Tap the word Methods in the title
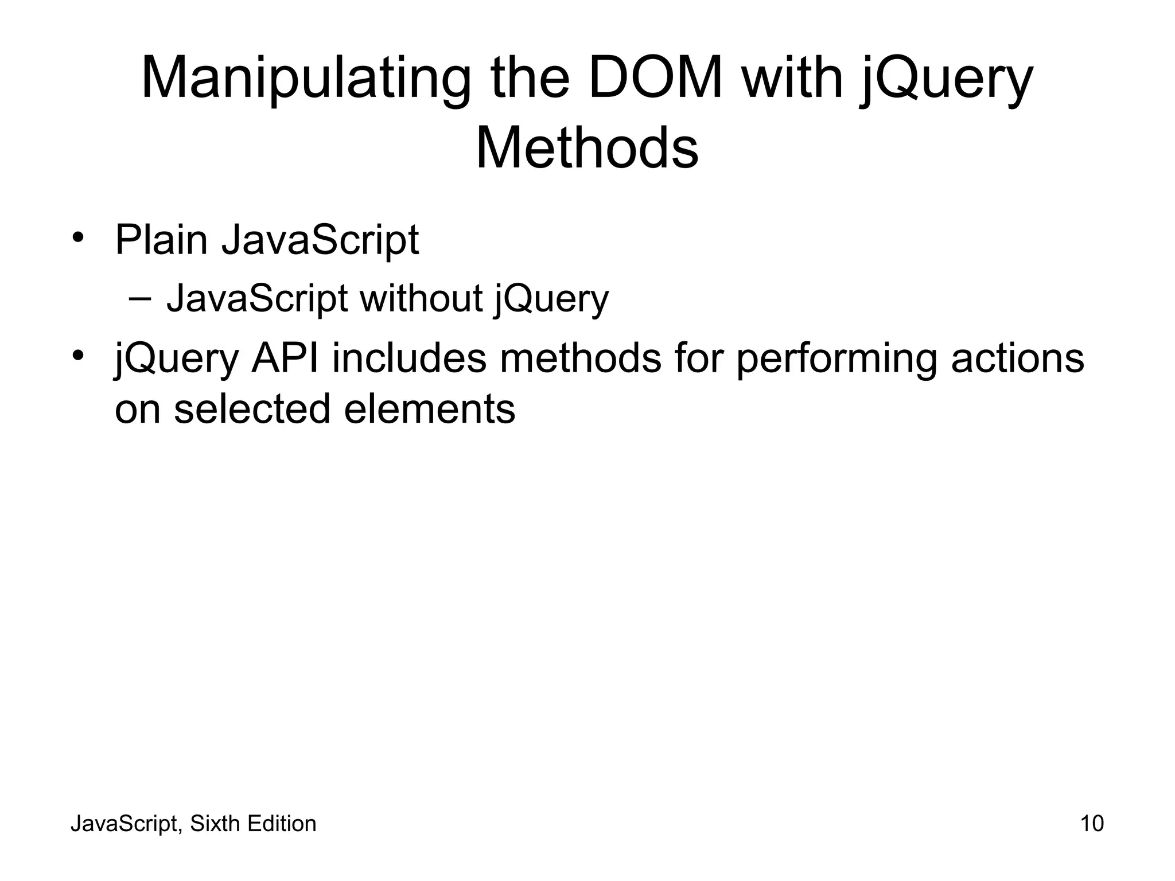coord(587,148)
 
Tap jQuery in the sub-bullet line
coord(551,300)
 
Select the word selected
coord(252,409)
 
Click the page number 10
coord(1092,824)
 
